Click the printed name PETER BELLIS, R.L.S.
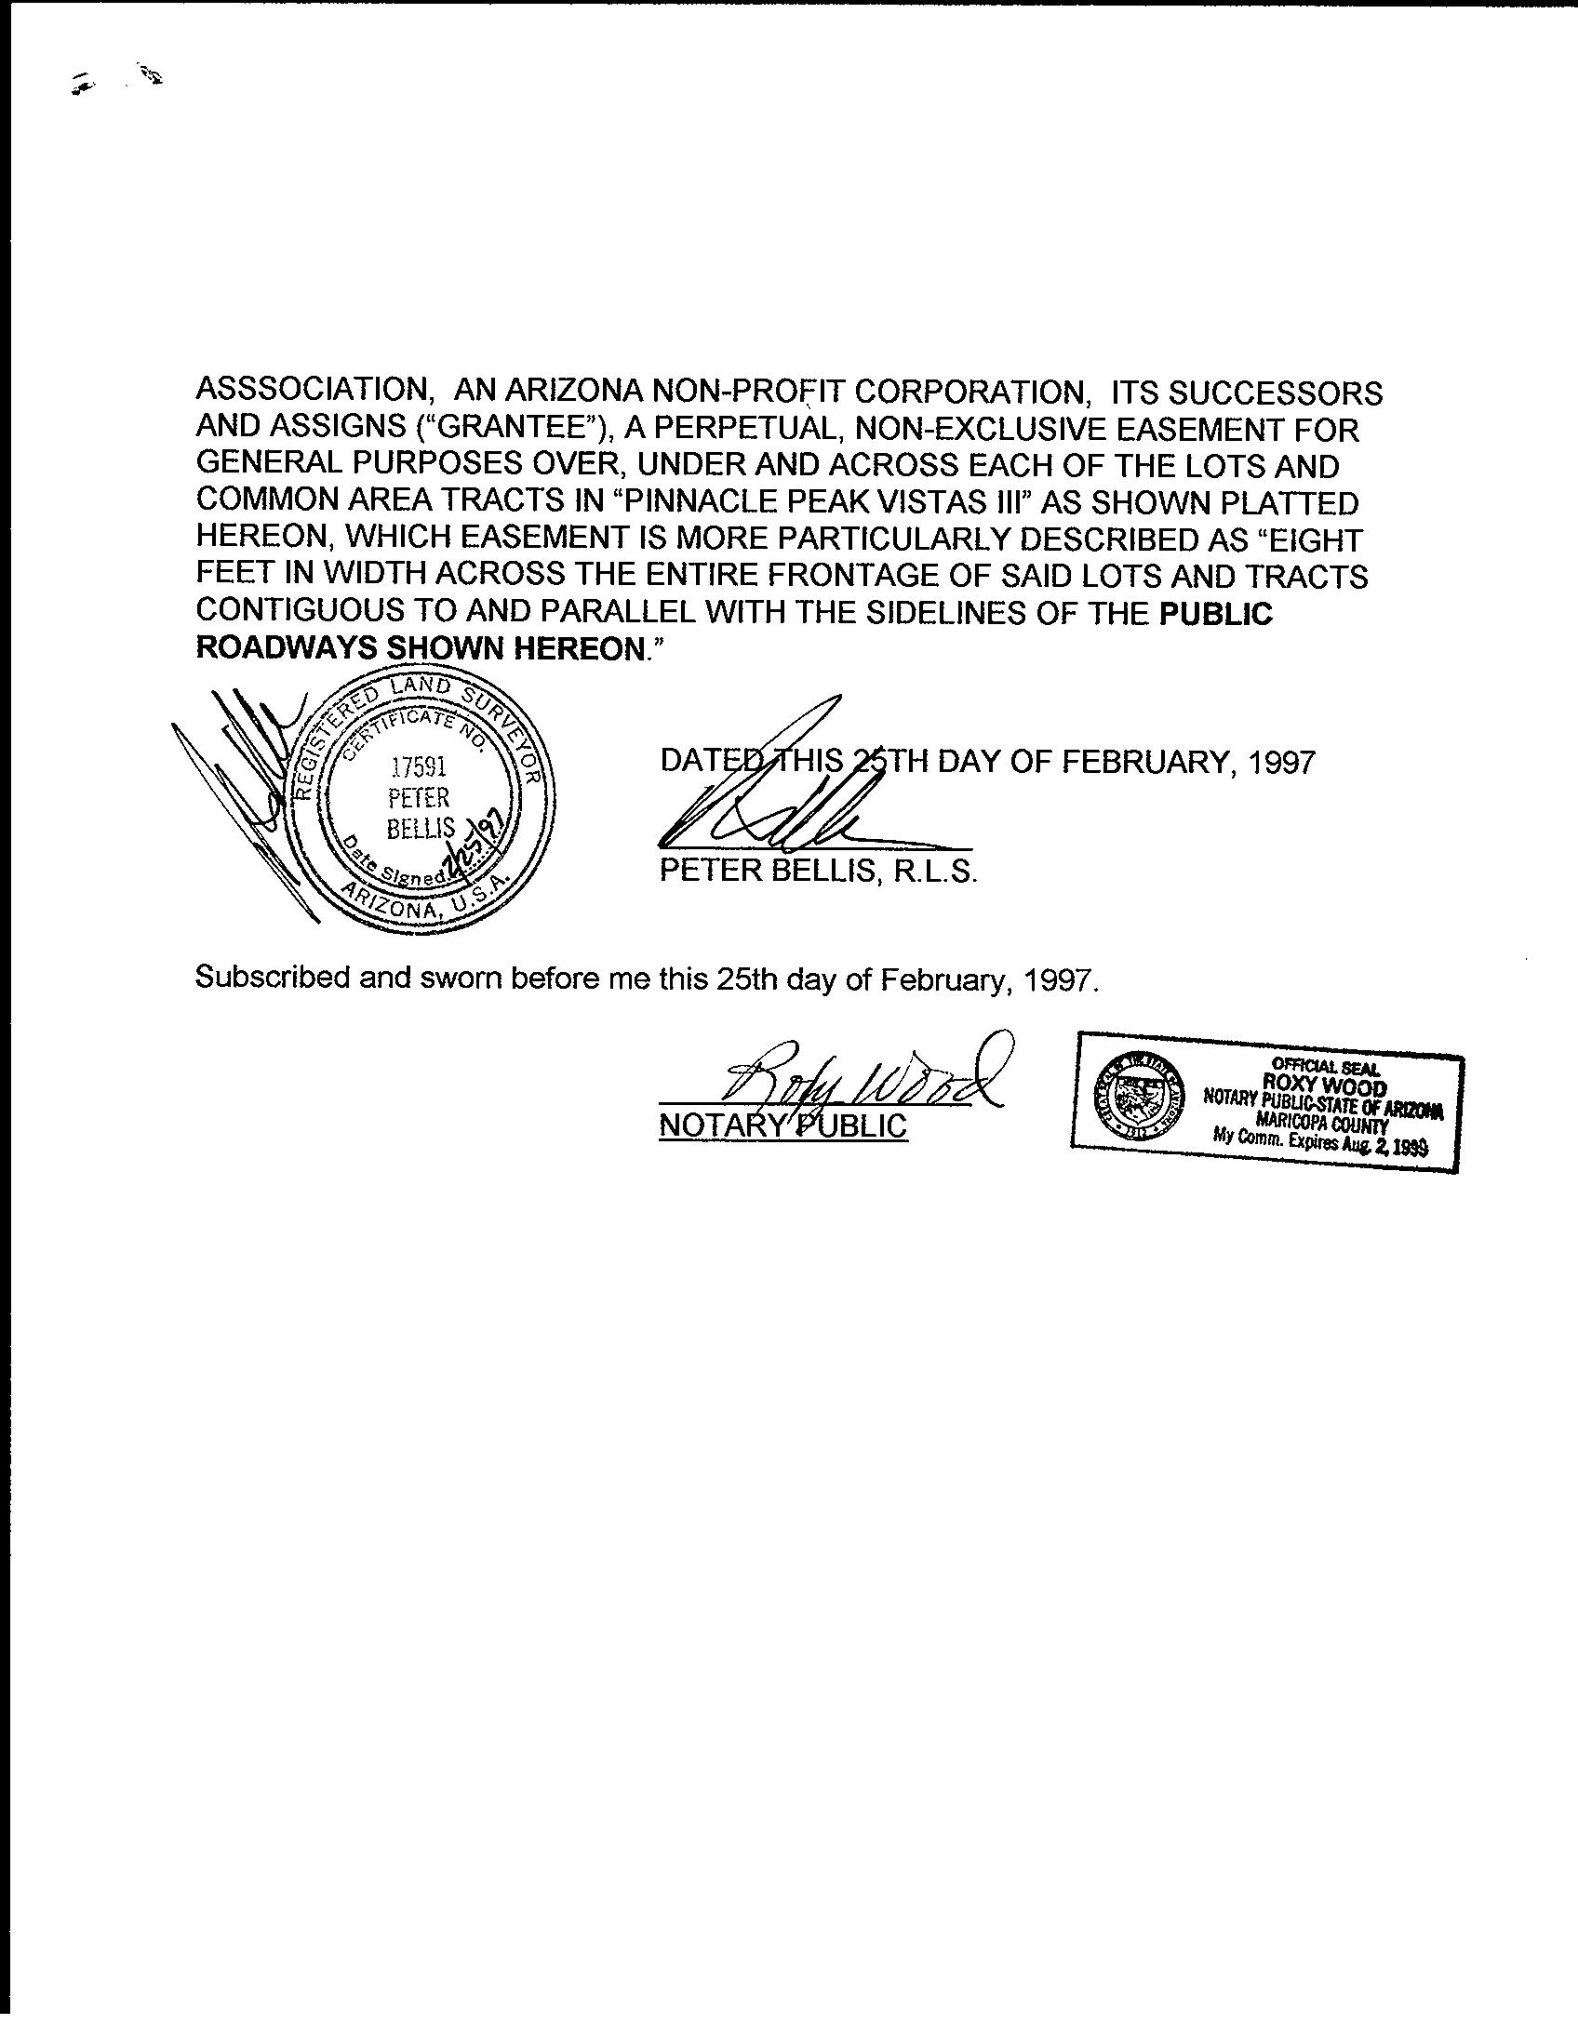point(819,871)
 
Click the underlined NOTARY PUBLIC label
point(782,1125)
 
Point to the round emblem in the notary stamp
point(1138,1097)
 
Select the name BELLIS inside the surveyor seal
point(421,828)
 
